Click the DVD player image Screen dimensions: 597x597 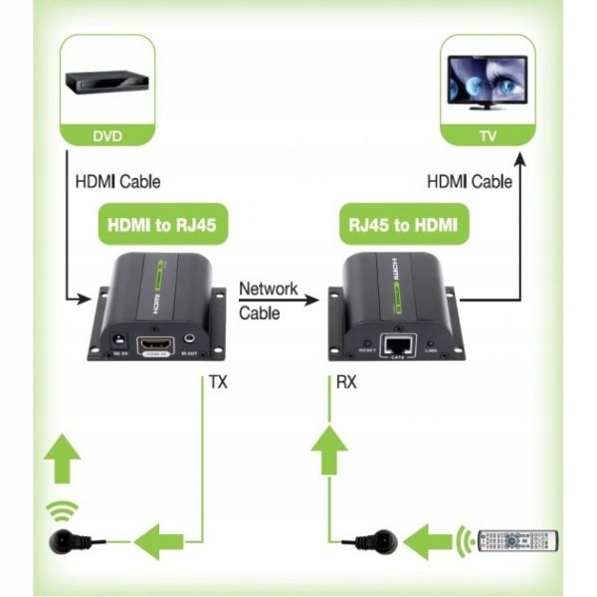107,82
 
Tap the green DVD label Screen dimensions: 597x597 106,136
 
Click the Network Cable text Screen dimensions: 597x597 268,299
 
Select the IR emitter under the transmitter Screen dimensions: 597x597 68,543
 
